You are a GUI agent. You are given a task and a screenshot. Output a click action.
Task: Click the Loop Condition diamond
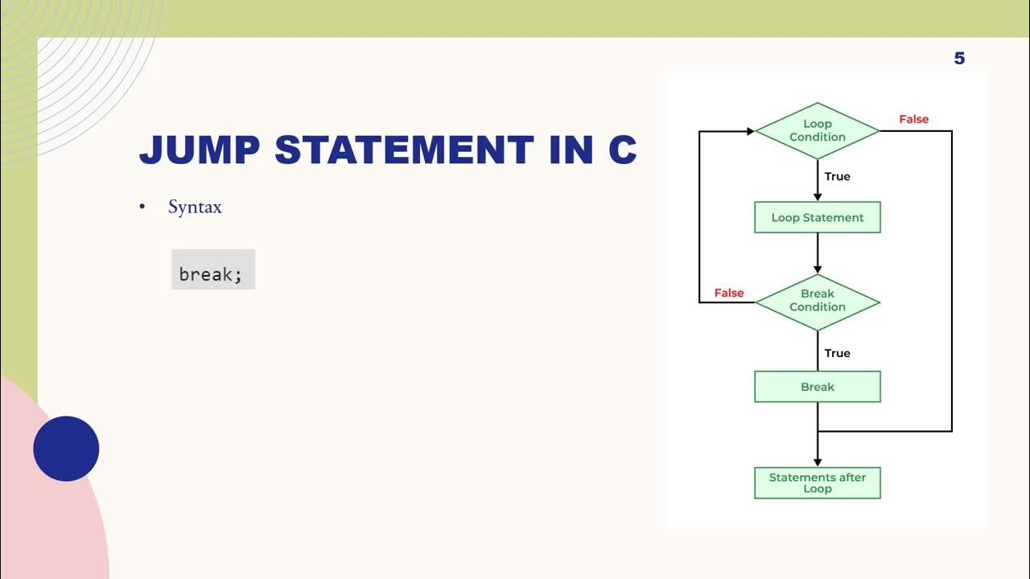coord(817,130)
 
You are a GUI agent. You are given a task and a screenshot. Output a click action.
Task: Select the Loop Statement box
coord(817,217)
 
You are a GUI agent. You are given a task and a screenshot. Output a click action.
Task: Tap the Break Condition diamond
coord(817,301)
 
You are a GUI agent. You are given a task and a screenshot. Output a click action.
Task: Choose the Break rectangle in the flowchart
coord(817,387)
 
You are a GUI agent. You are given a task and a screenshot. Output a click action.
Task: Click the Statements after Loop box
coord(817,482)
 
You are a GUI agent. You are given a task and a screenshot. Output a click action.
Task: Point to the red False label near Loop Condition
coord(913,119)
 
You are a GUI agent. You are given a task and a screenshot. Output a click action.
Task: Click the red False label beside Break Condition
coord(729,293)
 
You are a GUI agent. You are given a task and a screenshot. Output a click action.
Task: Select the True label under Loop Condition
coord(837,176)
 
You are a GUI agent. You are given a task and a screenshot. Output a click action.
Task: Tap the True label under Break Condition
coord(837,353)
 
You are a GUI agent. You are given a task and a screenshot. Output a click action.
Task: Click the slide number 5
coord(959,58)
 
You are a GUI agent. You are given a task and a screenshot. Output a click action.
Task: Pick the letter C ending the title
coord(622,150)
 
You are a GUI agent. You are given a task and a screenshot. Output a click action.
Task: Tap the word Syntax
coord(195,207)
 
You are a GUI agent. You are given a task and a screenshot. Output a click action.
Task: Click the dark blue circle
coord(66,449)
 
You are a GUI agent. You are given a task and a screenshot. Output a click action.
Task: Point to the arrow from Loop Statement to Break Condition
coord(818,253)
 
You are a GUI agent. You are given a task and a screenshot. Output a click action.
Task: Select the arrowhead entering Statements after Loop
coord(818,462)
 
